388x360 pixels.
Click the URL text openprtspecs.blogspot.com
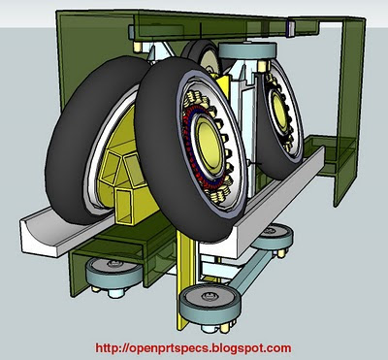(x=194, y=346)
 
